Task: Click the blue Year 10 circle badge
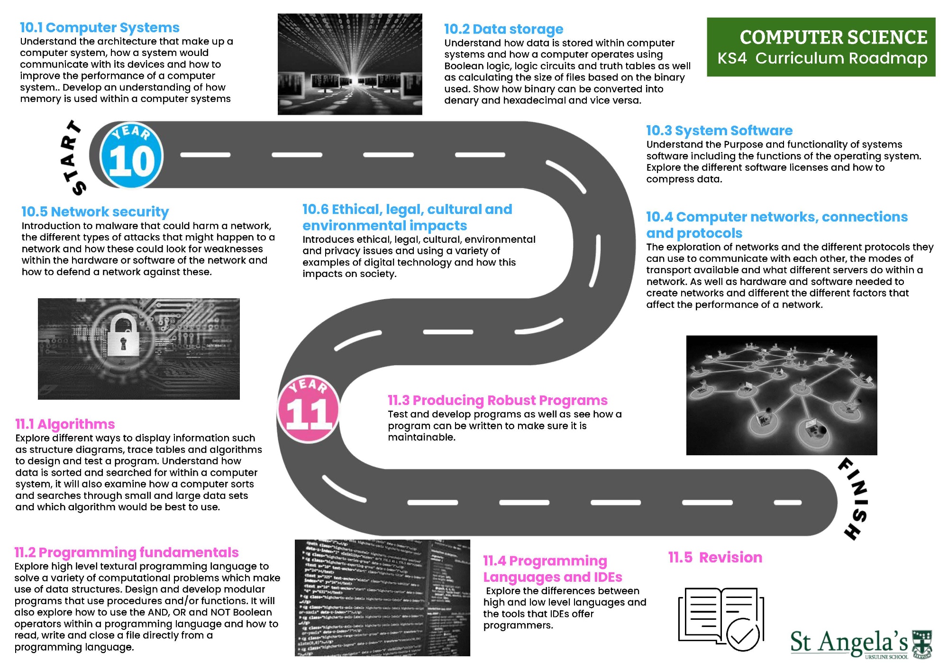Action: tap(131, 156)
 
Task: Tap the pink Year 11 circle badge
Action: tap(309, 409)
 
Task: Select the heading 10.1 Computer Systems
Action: tap(100, 28)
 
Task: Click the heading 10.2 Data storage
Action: tap(503, 29)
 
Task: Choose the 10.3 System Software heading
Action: tap(719, 130)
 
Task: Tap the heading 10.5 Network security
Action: tap(95, 211)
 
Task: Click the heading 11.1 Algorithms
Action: tap(65, 424)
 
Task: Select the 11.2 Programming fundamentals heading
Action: tap(127, 552)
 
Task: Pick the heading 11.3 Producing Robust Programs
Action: tap(497, 400)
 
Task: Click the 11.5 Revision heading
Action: tap(715, 557)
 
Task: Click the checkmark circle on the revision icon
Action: tap(742, 634)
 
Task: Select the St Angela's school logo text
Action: tap(848, 643)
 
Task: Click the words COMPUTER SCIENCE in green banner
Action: tap(833, 37)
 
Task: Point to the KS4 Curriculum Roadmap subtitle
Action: tap(822, 58)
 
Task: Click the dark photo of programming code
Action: tap(382, 597)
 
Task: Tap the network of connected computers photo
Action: tap(781, 395)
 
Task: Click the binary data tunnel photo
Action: tap(350, 64)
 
